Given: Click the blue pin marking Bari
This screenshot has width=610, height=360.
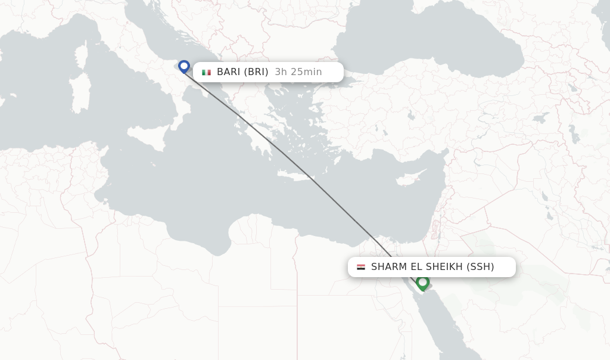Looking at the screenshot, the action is coord(183,66).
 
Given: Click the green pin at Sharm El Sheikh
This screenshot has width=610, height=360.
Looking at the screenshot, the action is coord(422,282).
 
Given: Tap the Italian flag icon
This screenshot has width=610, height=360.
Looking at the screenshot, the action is coord(206,72).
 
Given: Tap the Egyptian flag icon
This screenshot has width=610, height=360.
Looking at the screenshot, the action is coord(361,267).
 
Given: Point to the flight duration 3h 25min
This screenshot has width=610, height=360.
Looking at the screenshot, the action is coord(298,72).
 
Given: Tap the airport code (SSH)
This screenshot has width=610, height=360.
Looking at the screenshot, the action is coord(480,267).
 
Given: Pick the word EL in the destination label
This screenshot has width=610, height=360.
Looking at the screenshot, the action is coord(416,267).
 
